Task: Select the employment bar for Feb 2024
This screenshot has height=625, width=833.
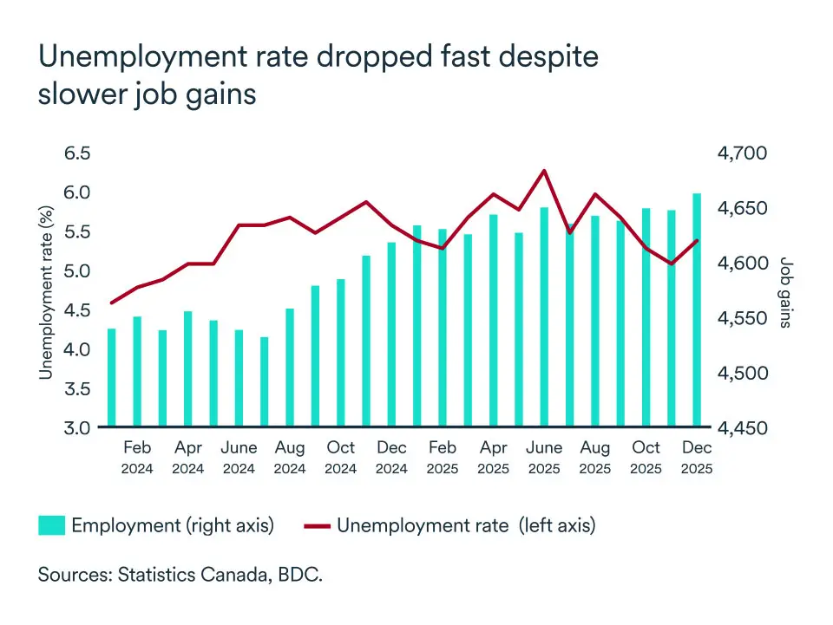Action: [137, 372]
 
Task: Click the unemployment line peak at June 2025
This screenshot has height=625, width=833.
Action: [544, 171]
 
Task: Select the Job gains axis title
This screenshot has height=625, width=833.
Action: [785, 292]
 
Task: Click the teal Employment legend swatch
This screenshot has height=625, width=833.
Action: [51, 525]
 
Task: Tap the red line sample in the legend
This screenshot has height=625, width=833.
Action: [317, 525]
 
